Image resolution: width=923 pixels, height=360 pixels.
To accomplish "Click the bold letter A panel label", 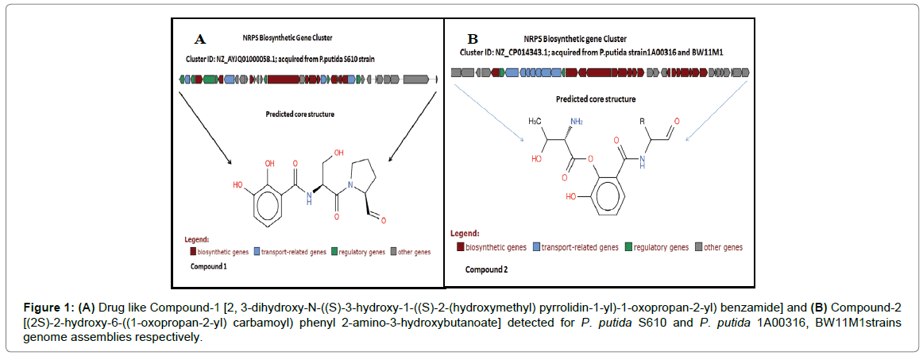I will [201, 39].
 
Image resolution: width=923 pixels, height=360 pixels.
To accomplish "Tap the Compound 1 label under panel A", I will [208, 267].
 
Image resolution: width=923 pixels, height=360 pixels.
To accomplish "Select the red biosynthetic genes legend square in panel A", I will [193, 252].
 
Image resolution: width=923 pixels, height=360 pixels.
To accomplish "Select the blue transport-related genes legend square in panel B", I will [537, 247].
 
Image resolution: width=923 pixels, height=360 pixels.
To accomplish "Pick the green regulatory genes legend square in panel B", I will [628, 247].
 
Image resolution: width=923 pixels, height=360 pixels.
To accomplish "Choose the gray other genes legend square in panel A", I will [394, 252].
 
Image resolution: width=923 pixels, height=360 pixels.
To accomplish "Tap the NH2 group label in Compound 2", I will [576, 121].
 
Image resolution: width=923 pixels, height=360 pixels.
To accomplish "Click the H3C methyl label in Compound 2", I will [541, 121].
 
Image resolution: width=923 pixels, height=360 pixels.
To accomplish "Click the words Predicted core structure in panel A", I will [299, 114].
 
